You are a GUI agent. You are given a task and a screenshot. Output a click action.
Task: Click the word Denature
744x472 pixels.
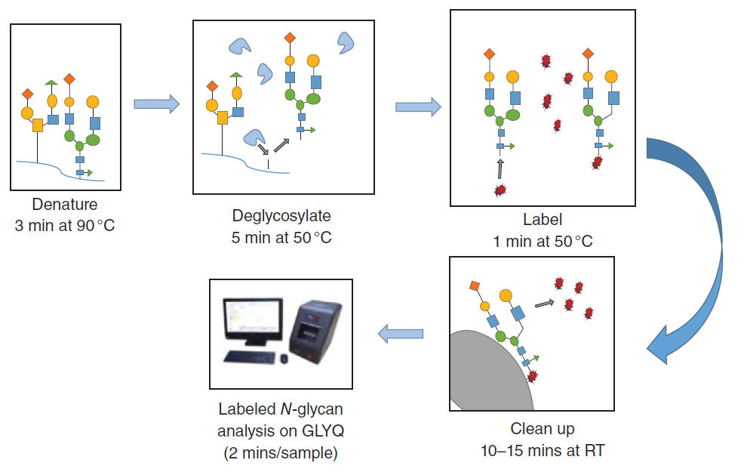pos(64,205)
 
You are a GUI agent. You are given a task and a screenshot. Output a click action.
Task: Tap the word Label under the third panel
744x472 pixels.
pos(543,220)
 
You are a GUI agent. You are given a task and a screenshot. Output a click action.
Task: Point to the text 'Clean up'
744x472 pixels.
pos(542,429)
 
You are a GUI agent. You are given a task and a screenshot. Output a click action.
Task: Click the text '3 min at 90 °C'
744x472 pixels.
pos(65,225)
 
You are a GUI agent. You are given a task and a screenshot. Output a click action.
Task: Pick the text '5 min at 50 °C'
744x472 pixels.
pos(281,237)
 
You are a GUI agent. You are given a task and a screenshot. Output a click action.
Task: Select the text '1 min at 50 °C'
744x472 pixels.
pos(543,241)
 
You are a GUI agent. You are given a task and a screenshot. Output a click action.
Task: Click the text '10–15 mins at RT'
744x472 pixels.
pos(542,451)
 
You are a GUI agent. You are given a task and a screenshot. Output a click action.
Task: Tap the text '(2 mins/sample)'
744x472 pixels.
pos(281,454)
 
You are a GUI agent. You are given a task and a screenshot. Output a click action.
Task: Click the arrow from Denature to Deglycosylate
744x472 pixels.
pos(157,103)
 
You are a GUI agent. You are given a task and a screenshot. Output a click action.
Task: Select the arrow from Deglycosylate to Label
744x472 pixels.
pos(418,106)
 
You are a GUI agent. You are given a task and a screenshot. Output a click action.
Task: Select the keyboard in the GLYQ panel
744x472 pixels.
pos(250,356)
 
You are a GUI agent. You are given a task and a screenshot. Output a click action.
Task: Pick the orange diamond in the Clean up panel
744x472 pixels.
pos(475,285)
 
